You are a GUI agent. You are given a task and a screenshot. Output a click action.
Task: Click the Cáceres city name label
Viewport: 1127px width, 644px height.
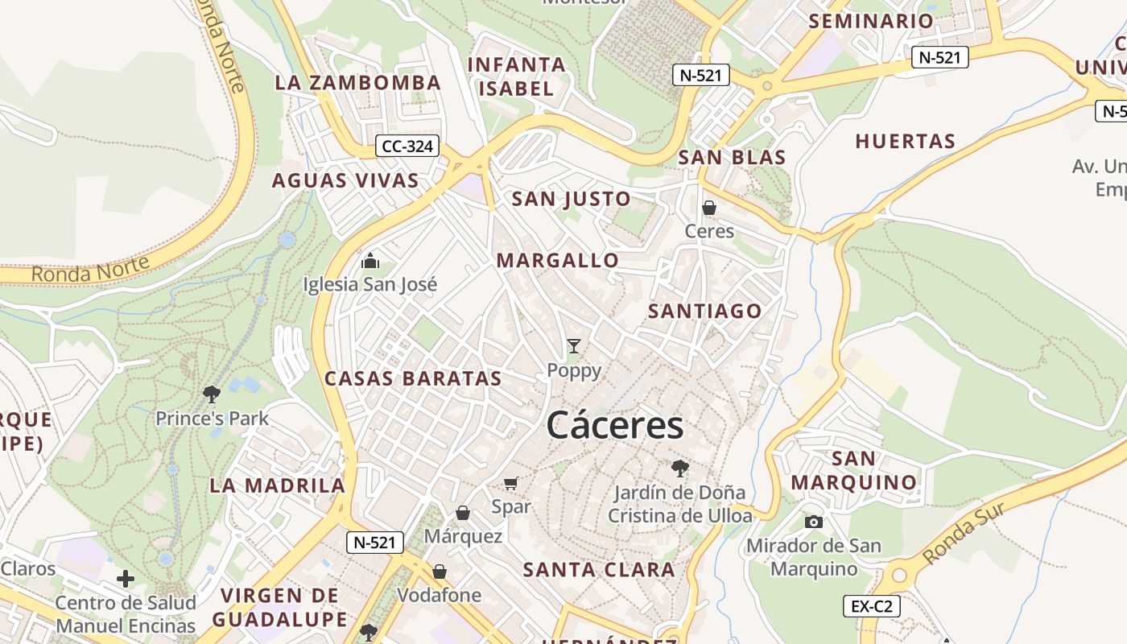(615, 425)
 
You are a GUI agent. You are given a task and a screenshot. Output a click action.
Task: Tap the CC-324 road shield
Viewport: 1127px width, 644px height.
(408, 147)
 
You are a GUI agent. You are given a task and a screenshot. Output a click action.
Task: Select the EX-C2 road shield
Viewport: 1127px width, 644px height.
(871, 606)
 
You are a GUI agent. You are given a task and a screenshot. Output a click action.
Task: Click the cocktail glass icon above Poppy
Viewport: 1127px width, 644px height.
(574, 346)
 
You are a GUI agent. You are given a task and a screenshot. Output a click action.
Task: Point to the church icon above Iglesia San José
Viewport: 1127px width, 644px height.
(370, 261)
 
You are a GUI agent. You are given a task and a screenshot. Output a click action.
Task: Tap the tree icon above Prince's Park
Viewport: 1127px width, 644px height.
(212, 394)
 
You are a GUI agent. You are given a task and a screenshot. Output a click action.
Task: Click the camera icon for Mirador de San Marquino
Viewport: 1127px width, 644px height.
(814, 522)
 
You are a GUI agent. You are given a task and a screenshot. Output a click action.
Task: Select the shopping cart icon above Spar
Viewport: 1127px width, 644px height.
(511, 483)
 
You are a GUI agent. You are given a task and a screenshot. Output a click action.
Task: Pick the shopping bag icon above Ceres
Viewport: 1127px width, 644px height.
(709, 208)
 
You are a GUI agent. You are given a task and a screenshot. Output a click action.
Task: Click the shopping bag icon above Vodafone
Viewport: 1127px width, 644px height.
(440, 572)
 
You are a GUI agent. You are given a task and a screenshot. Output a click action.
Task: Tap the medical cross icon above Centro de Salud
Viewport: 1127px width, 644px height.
(126, 578)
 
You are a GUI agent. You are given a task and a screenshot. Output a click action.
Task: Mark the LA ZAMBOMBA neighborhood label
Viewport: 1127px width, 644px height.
(358, 83)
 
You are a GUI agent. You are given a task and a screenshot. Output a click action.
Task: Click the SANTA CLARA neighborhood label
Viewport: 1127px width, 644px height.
(599, 570)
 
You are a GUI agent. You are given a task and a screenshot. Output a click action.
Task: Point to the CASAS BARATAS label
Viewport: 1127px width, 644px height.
(413, 378)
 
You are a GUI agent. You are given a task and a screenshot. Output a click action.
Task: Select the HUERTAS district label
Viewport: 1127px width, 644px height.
(905, 142)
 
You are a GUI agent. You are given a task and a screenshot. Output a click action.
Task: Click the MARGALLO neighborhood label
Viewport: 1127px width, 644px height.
(558, 261)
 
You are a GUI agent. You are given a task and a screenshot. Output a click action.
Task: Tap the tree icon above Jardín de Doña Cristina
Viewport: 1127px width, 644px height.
(680, 468)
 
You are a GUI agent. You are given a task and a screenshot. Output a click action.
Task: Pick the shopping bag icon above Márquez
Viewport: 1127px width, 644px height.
(463, 513)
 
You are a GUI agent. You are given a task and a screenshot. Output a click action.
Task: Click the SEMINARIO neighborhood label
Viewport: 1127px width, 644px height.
(871, 22)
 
